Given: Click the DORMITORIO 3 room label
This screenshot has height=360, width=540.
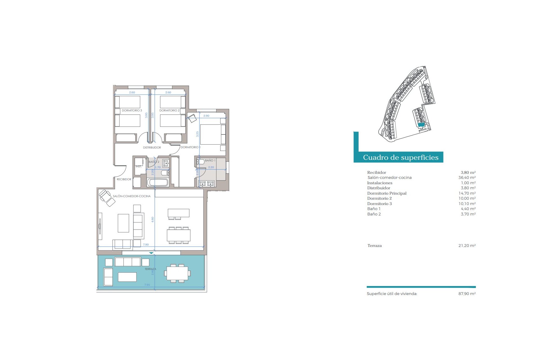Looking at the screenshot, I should pos(132,111).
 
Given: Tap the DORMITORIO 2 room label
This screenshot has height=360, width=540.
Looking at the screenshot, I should pos(169,111).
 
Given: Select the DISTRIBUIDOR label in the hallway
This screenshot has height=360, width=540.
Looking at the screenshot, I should pos(152,148).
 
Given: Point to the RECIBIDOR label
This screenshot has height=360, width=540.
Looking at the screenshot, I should pos(124,179).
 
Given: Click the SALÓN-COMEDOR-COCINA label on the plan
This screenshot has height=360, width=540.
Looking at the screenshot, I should pos(132,196).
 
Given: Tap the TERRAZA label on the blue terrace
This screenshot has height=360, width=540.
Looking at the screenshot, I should pos(150,269).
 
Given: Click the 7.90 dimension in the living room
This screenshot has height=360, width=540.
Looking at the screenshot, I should pos(146,245).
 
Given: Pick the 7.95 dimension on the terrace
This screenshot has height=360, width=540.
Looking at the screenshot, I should pos(147,285).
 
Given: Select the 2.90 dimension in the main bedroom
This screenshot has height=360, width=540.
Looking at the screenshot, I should pos(206,116).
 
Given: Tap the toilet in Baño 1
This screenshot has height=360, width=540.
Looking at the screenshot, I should pos(201,162).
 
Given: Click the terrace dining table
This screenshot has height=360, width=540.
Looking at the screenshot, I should pos(177,273).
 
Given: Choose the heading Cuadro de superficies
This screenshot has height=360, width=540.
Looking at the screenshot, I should pos(400,157).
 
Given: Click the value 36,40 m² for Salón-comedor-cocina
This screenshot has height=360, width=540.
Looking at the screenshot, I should pos(467,178).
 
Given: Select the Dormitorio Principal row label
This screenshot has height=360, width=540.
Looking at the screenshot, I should pos(387,193).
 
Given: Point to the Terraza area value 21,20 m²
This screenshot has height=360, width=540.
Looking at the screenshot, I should pos(467,246).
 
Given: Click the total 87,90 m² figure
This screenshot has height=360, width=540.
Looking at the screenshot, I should pos(467,294).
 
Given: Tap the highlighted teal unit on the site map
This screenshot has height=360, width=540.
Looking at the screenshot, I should pos(421,125).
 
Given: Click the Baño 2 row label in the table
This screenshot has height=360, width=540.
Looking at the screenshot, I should pos(374,214).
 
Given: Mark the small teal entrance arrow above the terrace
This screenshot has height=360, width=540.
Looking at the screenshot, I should pos(151,253).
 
